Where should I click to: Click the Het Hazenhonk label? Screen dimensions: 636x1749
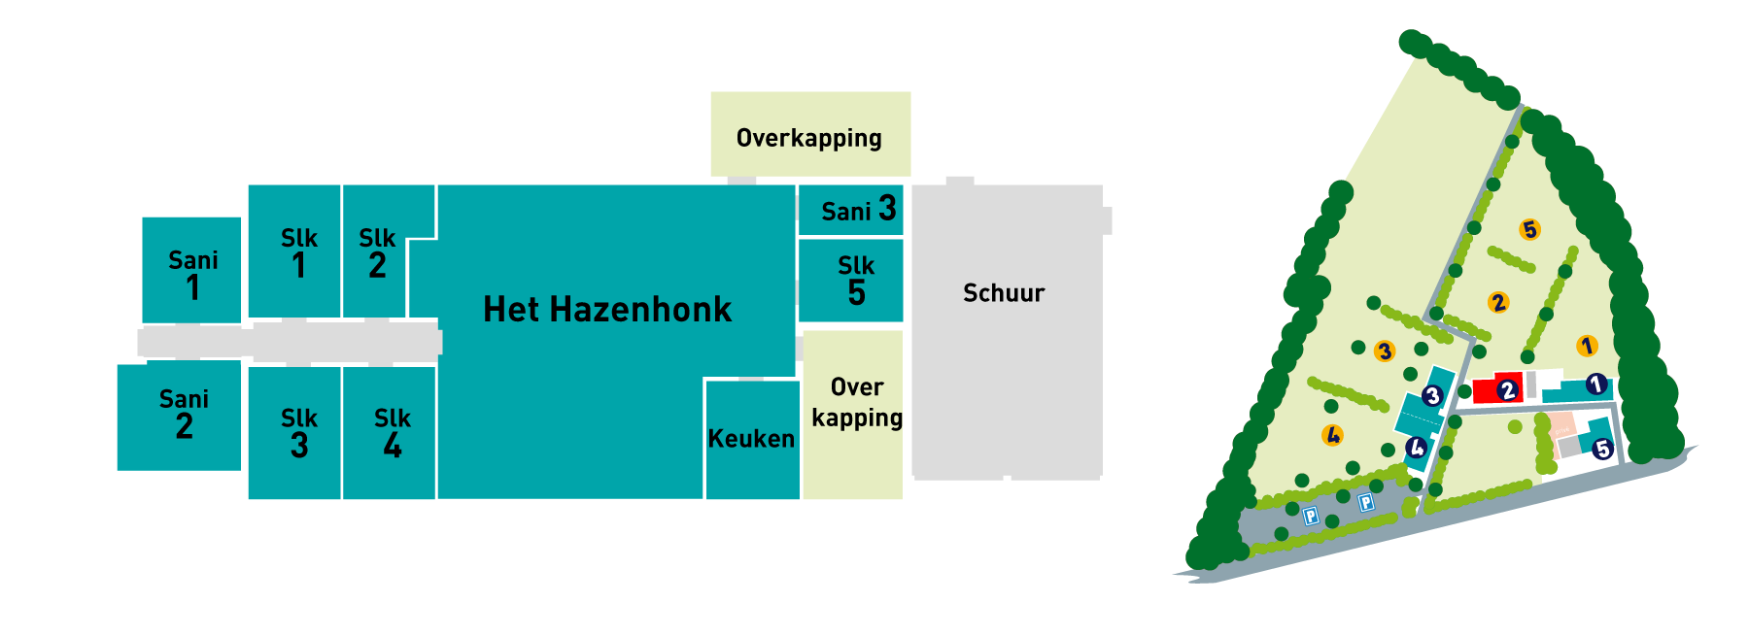pyautogui.click(x=607, y=310)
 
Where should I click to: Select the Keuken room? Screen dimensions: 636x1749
pyautogui.click(x=751, y=439)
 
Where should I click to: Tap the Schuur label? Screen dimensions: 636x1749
pyautogui.click(x=1004, y=293)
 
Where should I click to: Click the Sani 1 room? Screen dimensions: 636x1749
pyautogui.click(x=192, y=272)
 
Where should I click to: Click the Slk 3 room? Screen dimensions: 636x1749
pyautogui.click(x=297, y=433)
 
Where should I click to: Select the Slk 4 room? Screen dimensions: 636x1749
pyautogui.click(x=392, y=433)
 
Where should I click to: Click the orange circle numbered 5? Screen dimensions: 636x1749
pyautogui.click(x=1530, y=229)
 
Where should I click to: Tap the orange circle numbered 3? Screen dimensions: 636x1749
pyautogui.click(x=1385, y=351)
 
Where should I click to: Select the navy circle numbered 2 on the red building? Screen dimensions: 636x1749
pyautogui.click(x=1507, y=390)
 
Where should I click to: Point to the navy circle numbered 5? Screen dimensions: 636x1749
pyautogui.click(x=1602, y=449)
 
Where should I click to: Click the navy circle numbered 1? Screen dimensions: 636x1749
pyautogui.click(x=1595, y=385)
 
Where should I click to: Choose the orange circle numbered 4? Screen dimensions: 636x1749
pyautogui.click(x=1333, y=435)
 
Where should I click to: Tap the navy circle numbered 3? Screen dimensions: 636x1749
pyautogui.click(x=1432, y=395)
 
